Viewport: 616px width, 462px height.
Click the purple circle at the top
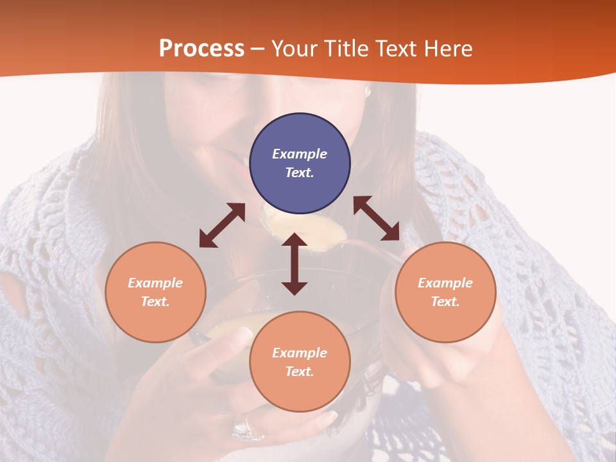coord(300,163)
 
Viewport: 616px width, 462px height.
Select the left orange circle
coord(155,292)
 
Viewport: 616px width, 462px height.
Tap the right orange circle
coord(445,292)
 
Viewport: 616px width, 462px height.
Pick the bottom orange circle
coord(300,362)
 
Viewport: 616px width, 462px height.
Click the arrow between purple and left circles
coord(222,225)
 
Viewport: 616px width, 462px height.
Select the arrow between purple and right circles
coord(376,218)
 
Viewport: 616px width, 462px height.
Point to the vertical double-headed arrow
coord(295,264)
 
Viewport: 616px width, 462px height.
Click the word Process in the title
coord(201,48)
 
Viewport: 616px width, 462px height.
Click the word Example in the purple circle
coord(300,154)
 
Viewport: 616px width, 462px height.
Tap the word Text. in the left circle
coord(155,302)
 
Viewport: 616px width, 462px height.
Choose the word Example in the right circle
coord(445,283)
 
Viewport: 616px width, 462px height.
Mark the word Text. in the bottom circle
coord(300,372)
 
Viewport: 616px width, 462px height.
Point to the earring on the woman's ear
coord(368,91)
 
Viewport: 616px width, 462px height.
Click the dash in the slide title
coord(258,49)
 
